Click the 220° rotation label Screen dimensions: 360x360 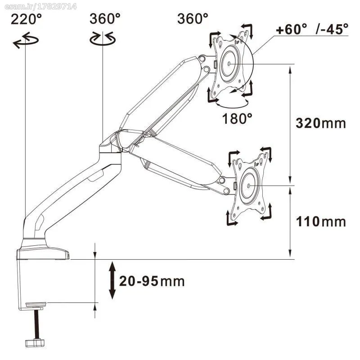pos(26,19)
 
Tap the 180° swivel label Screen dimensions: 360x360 pos(237,118)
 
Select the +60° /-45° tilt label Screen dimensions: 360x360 pos(312,29)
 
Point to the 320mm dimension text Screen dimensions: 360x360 pos(320,123)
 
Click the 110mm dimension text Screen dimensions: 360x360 pos(321,222)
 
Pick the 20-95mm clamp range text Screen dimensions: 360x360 pos(152,281)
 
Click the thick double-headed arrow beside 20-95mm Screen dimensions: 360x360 pos(112,280)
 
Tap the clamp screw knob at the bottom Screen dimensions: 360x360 pos(35,343)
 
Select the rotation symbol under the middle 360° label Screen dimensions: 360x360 pos(103,39)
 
